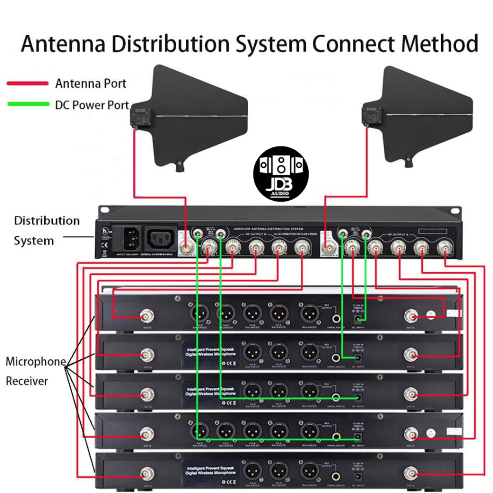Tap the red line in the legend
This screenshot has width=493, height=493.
pos(27,83)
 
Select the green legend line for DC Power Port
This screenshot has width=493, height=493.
pos(27,104)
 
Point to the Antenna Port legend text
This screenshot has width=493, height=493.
pos(91,83)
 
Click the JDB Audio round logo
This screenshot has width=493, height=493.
pos(281,174)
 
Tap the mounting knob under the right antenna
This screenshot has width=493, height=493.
pos(409,161)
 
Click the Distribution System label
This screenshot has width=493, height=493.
pos(46,231)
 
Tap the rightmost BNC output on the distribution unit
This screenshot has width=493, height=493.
pos(444,249)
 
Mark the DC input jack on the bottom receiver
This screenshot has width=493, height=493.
pos(358,476)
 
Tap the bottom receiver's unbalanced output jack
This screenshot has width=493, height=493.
pos(336,476)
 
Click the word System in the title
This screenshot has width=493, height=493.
pos(264,44)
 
